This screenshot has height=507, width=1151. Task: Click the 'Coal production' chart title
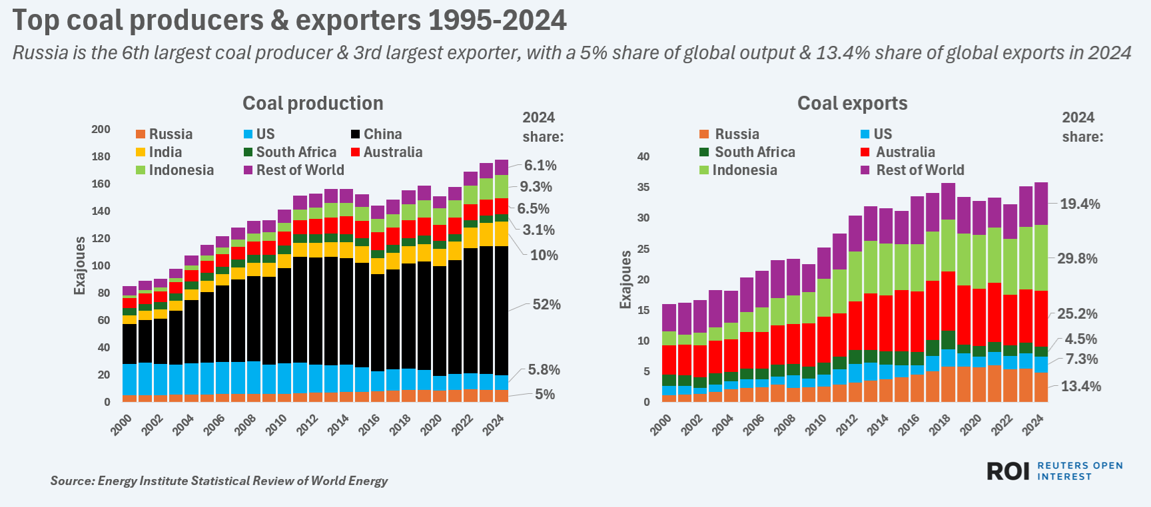point(312,103)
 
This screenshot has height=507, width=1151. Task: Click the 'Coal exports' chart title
point(852,103)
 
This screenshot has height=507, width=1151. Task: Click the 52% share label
point(546,305)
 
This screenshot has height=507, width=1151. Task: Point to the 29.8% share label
point(1077,259)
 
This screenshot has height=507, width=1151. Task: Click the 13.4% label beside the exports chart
point(1080,387)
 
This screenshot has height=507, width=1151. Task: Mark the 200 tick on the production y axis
point(101,129)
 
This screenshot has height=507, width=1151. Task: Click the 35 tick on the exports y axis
point(643,187)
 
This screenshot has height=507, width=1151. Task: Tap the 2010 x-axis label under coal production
point(276,424)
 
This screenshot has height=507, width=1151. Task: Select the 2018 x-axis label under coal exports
point(940,424)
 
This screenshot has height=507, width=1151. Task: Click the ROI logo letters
point(1008,471)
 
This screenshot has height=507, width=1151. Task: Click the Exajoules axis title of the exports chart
point(625,279)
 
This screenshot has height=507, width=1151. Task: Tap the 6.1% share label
point(540,166)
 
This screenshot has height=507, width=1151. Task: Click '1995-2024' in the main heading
point(497,21)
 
